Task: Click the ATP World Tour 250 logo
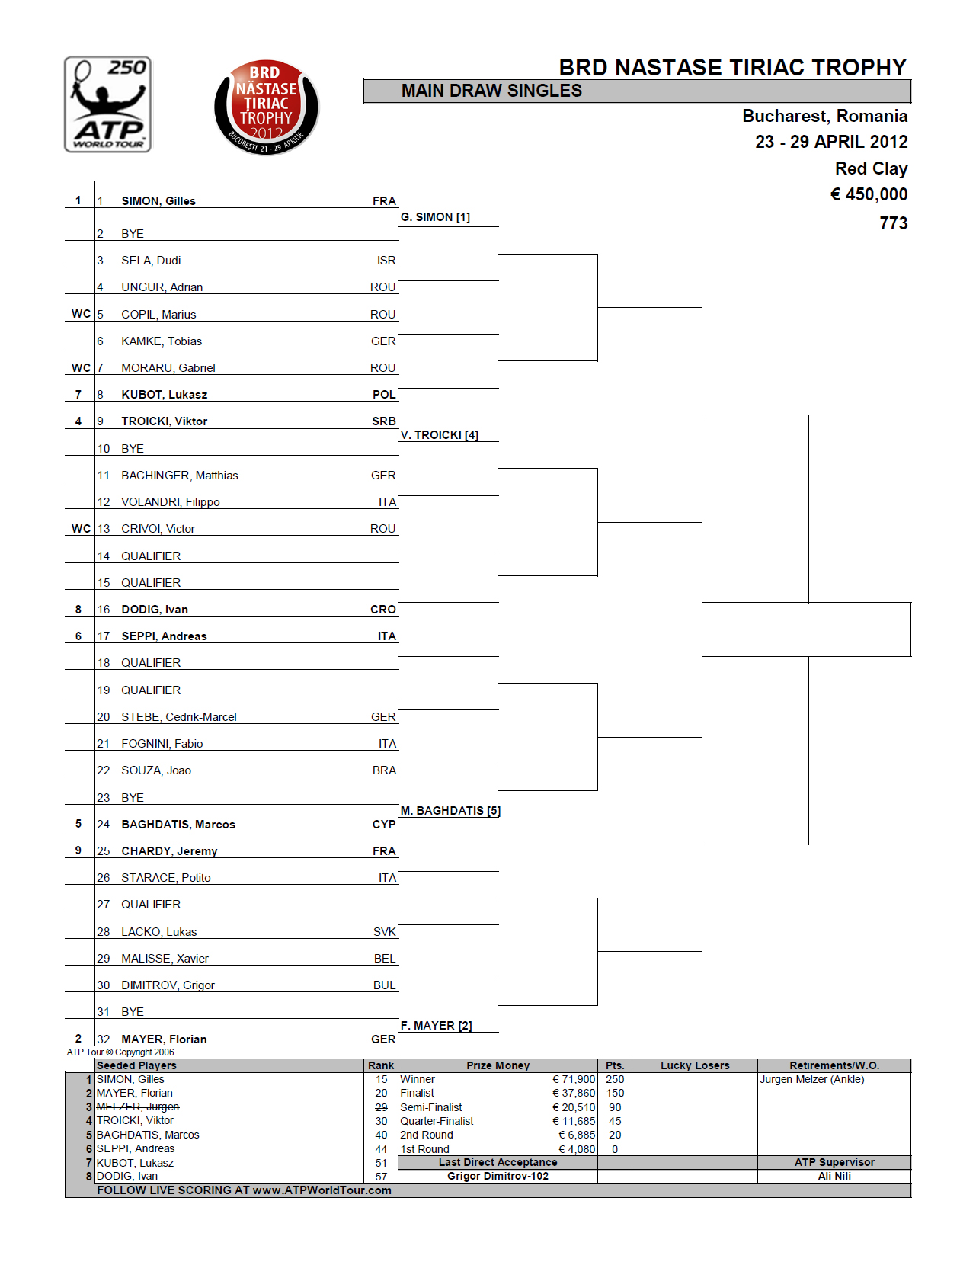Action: [107, 104]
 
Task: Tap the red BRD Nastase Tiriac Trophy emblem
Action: [266, 107]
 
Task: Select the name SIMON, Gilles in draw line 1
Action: [158, 201]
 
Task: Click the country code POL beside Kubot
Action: [384, 395]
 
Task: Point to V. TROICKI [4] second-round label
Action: [440, 435]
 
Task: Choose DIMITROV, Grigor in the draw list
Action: [168, 985]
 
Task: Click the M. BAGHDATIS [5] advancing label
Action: [450, 811]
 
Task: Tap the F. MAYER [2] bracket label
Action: [436, 1026]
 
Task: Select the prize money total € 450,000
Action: [869, 194]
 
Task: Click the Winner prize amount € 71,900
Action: [574, 1079]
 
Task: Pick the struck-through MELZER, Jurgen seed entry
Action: [138, 1107]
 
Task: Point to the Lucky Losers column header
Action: [695, 1065]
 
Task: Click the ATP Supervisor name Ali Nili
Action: [834, 1176]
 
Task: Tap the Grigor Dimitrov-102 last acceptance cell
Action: [498, 1176]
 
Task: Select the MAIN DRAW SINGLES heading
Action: [491, 91]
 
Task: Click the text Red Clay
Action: [871, 168]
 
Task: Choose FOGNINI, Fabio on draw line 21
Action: [162, 744]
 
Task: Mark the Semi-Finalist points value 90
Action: [615, 1107]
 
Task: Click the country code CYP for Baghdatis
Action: [384, 825]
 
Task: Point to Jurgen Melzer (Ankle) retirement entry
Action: [812, 1079]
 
